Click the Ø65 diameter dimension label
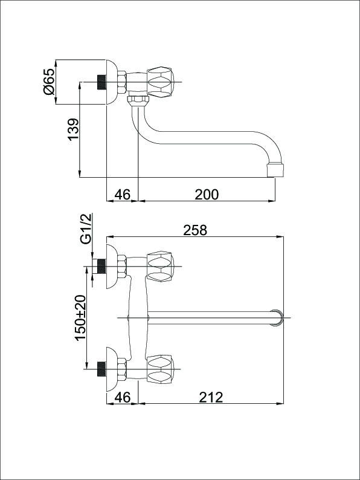pyautogui.click(x=49, y=81)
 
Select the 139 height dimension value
pyautogui.click(x=74, y=129)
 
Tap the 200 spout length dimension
pyautogui.click(x=207, y=195)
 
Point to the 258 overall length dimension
pyautogui.click(x=195, y=230)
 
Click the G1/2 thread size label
pyautogui.click(x=86, y=229)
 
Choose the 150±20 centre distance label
pyautogui.click(x=80, y=317)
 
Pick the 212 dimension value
pyautogui.click(x=211, y=397)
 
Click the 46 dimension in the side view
pyautogui.click(x=123, y=195)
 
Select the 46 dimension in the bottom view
pyautogui.click(x=123, y=397)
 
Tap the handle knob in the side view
pyautogui.click(x=160, y=82)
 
